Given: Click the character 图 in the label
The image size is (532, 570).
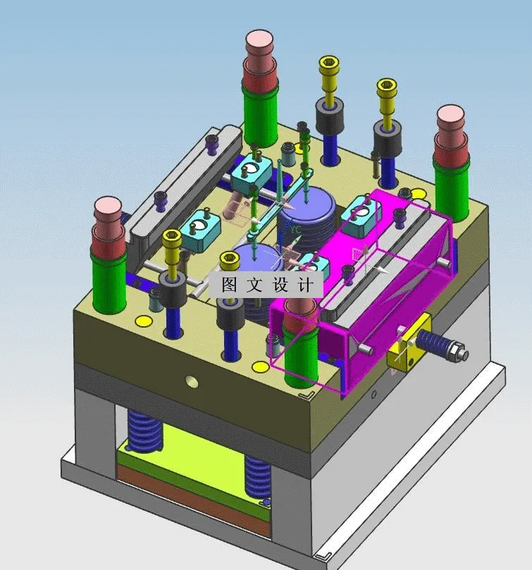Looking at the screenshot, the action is pyautogui.click(x=229, y=284).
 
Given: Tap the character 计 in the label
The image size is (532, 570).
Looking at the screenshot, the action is pyautogui.click(x=306, y=284).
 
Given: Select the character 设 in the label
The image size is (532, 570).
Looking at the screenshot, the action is pyautogui.click(x=280, y=284).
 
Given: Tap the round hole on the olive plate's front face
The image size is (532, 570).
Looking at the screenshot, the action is pyautogui.click(x=192, y=381).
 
